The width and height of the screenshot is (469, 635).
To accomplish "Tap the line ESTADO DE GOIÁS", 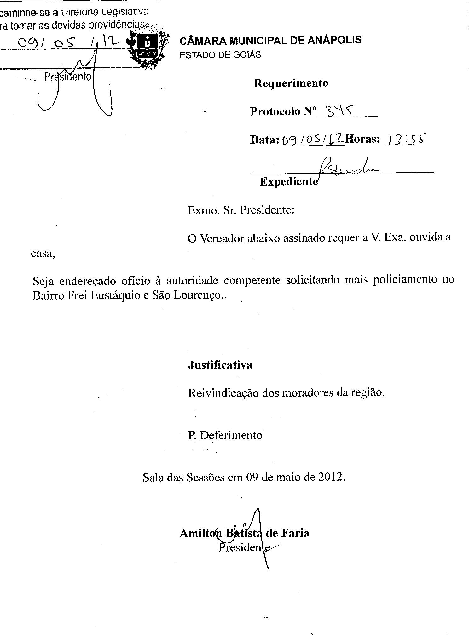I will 220,55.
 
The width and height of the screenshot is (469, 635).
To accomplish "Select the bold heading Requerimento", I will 291,83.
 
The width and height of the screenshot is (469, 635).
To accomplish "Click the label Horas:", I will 362,139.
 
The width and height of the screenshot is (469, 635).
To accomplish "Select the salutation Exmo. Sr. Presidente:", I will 241,210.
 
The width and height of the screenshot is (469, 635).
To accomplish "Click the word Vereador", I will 222,239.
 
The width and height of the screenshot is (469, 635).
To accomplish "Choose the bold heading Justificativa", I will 220,365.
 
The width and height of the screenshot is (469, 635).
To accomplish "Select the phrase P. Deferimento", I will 225,435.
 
